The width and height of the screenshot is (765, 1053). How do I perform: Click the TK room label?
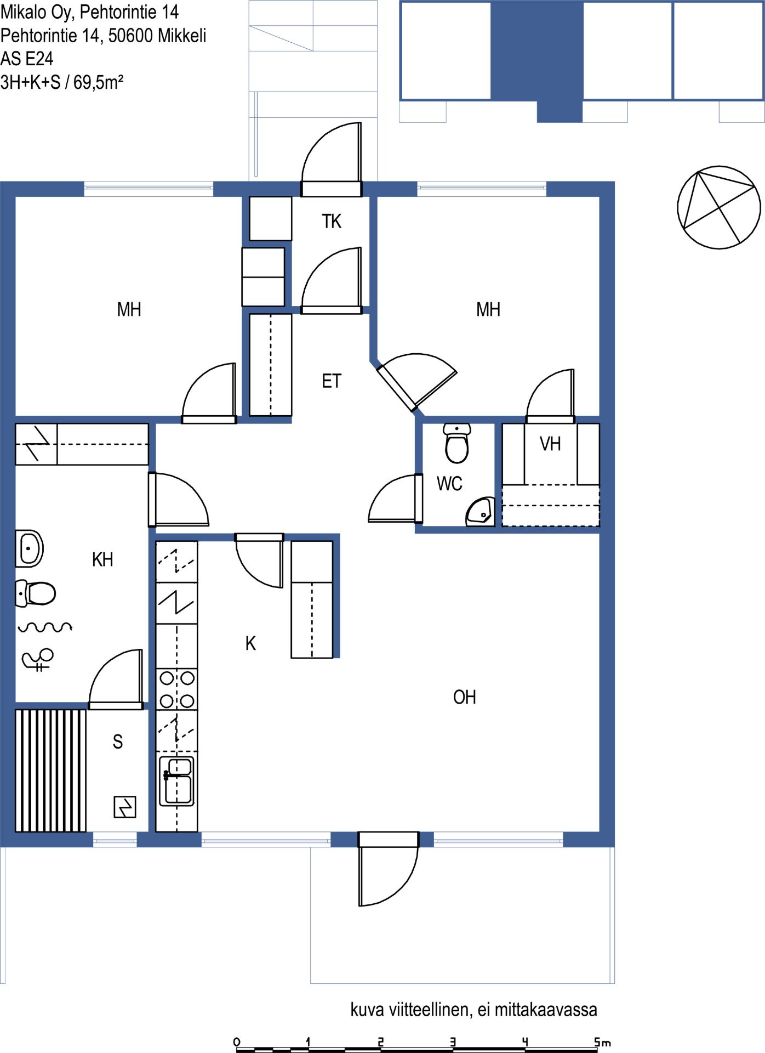(332, 221)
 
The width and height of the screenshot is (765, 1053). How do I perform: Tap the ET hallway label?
(332, 381)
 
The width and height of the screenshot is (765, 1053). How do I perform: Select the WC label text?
(449, 483)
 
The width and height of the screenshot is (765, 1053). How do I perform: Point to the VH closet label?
(550, 443)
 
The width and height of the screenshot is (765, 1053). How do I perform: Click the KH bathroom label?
(102, 559)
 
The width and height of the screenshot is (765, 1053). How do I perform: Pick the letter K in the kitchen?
(250, 643)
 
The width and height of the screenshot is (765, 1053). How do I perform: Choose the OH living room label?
(464, 697)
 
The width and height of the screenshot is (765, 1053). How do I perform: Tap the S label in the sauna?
(118, 741)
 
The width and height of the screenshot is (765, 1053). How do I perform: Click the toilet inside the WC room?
(456, 443)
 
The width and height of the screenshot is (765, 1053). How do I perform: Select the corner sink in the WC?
(481, 512)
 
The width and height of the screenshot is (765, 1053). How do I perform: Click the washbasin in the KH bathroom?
(29, 548)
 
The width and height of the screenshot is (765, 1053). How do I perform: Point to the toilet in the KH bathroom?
(36, 593)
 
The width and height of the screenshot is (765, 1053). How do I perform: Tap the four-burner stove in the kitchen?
(176, 689)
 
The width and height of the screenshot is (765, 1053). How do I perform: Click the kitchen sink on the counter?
(176, 781)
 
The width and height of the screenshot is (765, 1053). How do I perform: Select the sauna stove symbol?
(125, 807)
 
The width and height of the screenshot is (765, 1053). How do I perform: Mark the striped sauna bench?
(50, 771)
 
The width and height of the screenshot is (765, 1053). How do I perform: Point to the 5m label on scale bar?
(602, 1041)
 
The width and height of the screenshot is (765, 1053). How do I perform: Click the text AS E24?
(27, 59)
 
